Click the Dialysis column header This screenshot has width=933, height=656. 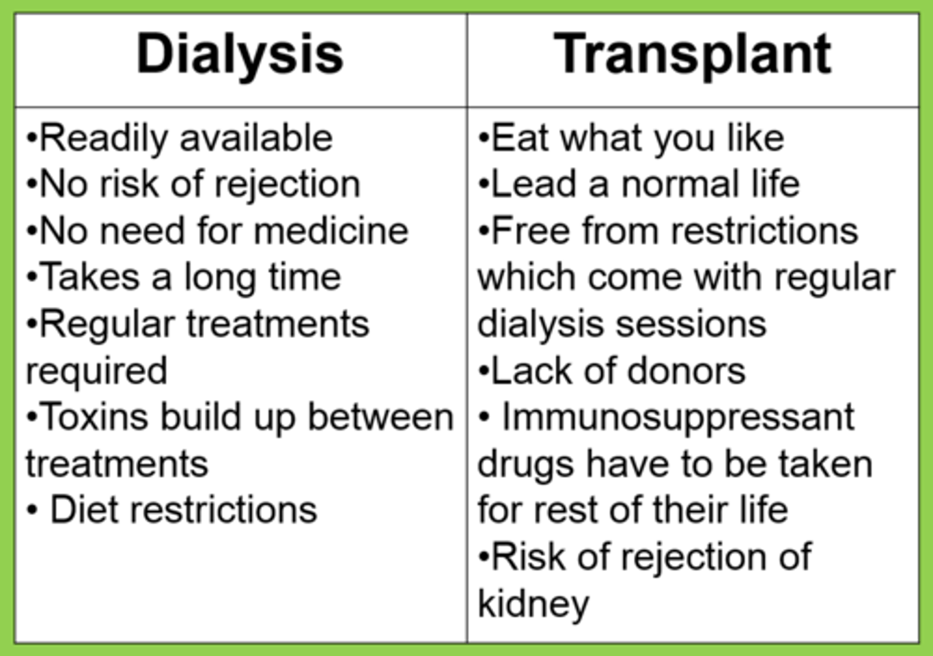(240, 55)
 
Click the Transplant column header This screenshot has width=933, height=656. (692, 55)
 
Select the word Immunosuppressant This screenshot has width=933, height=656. (678, 418)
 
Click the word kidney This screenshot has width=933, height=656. (533, 604)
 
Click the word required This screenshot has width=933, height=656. (96, 372)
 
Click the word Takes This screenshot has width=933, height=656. (90, 278)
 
